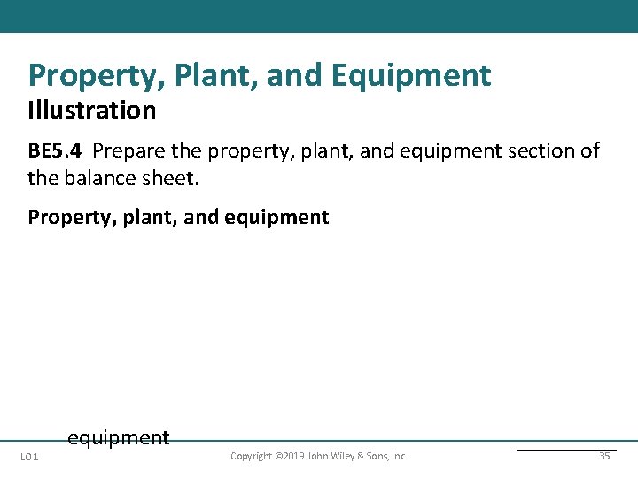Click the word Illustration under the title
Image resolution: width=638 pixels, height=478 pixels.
(x=91, y=111)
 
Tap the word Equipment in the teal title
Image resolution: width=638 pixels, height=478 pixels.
(x=411, y=76)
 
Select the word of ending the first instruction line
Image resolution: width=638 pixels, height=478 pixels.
(x=590, y=150)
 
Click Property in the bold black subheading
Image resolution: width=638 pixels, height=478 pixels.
(x=65, y=218)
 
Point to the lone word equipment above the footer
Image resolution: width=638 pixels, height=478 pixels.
(x=118, y=437)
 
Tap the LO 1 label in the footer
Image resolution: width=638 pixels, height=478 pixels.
(x=29, y=457)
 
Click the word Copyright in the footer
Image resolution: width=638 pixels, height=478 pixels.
(x=252, y=457)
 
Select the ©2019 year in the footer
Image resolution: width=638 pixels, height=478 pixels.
(x=291, y=457)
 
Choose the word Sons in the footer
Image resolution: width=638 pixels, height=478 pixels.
(x=378, y=457)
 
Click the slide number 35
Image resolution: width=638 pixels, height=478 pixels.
(x=604, y=457)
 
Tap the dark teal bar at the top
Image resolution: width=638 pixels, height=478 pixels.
(x=319, y=16)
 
